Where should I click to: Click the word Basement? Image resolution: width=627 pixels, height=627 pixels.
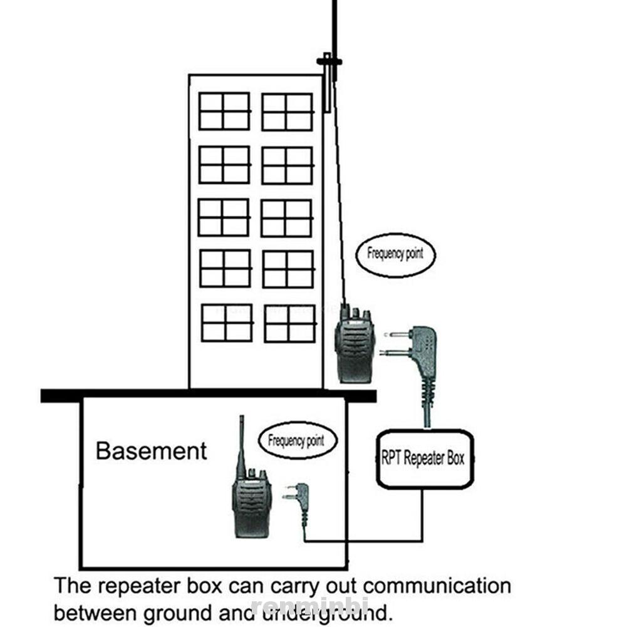tap(151, 451)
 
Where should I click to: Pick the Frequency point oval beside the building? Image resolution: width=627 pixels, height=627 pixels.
tap(395, 254)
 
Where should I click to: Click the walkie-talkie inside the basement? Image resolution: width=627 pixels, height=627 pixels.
tap(252, 501)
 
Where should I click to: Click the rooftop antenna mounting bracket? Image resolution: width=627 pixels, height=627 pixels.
tap(329, 61)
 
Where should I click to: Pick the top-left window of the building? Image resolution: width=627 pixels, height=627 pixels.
tap(224, 111)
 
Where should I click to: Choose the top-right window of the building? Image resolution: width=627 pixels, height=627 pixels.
tap(287, 112)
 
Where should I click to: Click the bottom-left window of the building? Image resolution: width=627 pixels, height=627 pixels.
tap(227, 323)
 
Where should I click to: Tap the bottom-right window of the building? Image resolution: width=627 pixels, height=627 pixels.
tap(289, 323)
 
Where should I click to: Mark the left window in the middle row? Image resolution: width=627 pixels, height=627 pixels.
tap(224, 217)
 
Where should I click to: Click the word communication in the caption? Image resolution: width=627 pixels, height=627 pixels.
tap(437, 586)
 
